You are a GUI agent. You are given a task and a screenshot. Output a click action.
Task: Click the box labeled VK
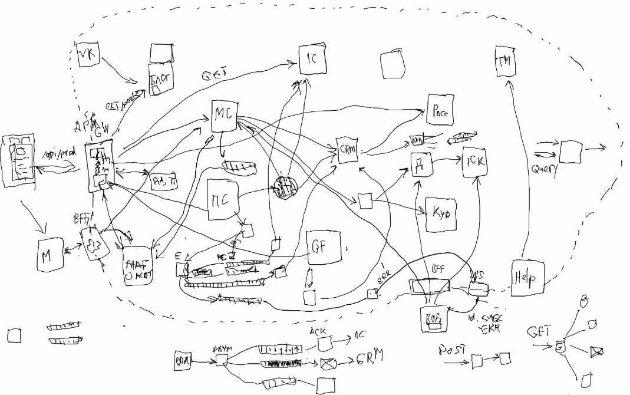tap(87, 55)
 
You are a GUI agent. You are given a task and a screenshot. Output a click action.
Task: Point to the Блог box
tap(160, 78)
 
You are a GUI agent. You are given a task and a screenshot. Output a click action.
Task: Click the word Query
tap(545, 167)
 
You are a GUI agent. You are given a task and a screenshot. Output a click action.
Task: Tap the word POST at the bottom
tap(452, 350)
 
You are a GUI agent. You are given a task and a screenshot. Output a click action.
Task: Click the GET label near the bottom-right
tap(539, 332)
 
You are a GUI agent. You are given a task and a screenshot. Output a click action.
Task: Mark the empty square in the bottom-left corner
tap(14, 335)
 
